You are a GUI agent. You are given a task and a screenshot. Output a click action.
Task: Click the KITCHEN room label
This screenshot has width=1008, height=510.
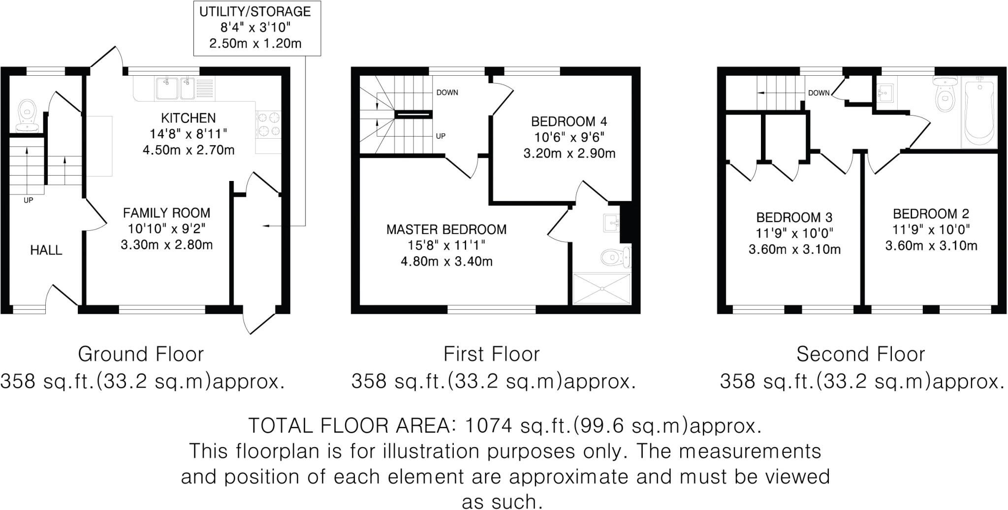click(x=189, y=118)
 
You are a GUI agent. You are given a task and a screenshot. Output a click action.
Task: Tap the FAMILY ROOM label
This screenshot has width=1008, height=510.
click(x=166, y=213)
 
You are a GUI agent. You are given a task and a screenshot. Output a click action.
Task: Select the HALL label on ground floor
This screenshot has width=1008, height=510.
click(x=46, y=250)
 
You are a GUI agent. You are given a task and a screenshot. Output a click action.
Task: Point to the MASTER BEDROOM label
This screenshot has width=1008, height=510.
click(x=446, y=230)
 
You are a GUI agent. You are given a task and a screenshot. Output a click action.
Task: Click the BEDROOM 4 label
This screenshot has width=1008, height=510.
click(x=569, y=121)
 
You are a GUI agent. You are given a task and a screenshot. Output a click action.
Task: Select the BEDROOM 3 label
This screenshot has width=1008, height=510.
click(x=794, y=217)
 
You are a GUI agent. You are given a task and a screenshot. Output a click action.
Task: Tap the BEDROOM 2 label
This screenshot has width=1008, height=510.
click(x=931, y=214)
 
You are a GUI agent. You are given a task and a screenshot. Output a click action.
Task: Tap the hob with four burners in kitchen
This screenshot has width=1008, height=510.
click(x=268, y=124)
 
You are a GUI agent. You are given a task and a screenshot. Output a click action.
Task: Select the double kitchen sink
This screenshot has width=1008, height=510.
click(x=175, y=88)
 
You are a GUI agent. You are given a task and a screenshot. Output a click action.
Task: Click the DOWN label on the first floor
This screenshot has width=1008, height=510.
click(x=447, y=92)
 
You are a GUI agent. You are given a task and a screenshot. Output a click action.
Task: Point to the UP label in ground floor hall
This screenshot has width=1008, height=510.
click(x=29, y=200)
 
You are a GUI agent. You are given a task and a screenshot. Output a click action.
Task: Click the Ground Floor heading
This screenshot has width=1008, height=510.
click(x=141, y=354)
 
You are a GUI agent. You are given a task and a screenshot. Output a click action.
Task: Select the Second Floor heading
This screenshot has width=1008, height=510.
click(x=860, y=354)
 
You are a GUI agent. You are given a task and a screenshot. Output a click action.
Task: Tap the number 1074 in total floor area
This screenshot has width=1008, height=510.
click(x=485, y=425)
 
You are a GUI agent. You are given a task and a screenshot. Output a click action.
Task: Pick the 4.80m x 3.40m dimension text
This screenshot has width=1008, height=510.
click(x=446, y=262)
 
